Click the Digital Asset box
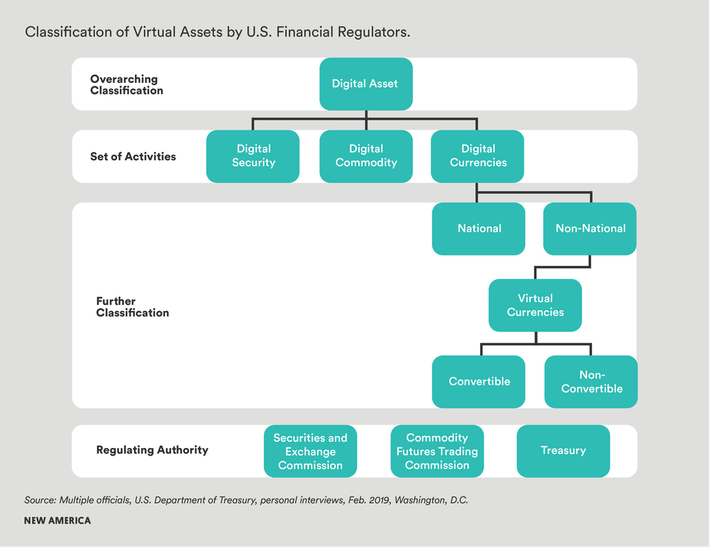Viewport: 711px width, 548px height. (366, 84)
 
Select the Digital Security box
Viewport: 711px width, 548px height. (253, 156)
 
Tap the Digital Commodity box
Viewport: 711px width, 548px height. (366, 156)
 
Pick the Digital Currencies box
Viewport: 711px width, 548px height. (477, 156)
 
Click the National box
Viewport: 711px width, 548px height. (479, 229)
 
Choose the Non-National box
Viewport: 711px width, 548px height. (590, 229)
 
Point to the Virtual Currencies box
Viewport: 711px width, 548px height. (535, 306)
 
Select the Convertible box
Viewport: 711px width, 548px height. (479, 382)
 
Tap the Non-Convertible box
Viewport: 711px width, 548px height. (591, 382)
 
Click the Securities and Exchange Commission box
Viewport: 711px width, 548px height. (310, 451)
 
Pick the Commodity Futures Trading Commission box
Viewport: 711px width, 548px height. (437, 451)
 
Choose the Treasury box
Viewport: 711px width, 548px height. (563, 451)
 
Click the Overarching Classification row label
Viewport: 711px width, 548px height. (127, 85)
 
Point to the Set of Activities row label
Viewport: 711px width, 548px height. (133, 157)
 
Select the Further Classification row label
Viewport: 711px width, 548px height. (132, 307)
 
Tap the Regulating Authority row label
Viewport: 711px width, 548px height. (152, 450)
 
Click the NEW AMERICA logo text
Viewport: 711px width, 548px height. (57, 521)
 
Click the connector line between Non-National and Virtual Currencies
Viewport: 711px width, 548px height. (563, 268)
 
